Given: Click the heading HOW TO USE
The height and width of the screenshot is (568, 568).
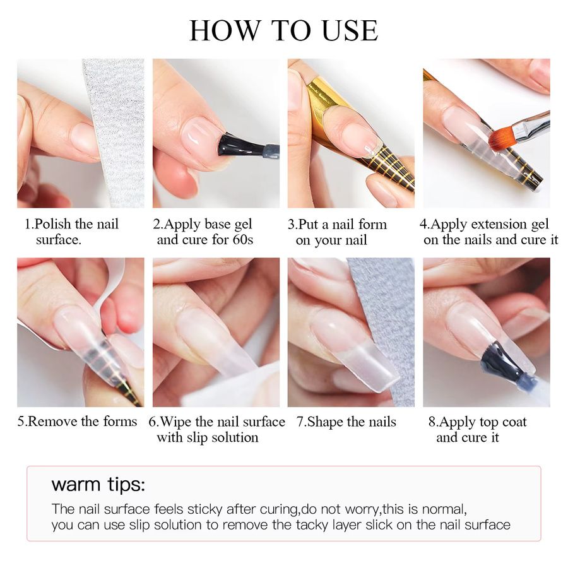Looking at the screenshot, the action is [283, 30].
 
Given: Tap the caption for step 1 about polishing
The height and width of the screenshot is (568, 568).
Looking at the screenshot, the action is [71, 232].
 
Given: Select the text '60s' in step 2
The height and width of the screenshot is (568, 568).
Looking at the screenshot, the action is [243, 240].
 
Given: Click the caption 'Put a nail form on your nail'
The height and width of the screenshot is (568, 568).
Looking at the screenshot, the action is [337, 232].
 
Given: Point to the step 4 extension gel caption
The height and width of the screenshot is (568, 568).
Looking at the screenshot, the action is [489, 232].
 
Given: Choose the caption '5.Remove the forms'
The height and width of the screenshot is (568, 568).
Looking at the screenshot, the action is [77, 422].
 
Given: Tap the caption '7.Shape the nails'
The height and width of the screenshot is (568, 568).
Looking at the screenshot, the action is [346, 422].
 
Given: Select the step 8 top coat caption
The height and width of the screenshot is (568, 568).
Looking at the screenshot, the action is [478, 430].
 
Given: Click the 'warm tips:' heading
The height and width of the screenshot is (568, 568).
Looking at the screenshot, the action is [98, 485].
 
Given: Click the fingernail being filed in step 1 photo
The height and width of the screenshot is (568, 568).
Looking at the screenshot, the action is [85, 139].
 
